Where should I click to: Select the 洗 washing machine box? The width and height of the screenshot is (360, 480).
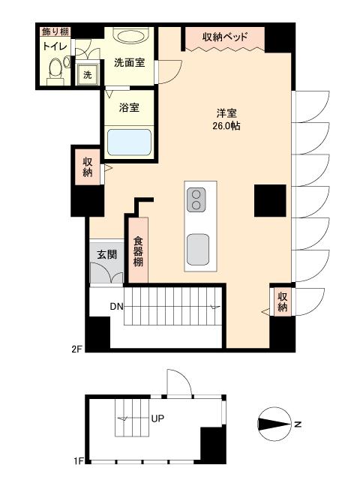88,75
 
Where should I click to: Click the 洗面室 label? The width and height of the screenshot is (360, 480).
129,64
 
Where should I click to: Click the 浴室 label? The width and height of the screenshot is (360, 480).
129,107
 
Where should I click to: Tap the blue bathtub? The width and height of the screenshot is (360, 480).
129,142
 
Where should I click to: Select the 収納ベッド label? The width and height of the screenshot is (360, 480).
225,37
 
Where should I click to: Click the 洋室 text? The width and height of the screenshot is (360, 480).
226,113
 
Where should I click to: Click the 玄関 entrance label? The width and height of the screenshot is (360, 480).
106,254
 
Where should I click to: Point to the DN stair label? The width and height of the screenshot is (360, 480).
117,306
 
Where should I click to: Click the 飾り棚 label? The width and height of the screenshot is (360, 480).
56,31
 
